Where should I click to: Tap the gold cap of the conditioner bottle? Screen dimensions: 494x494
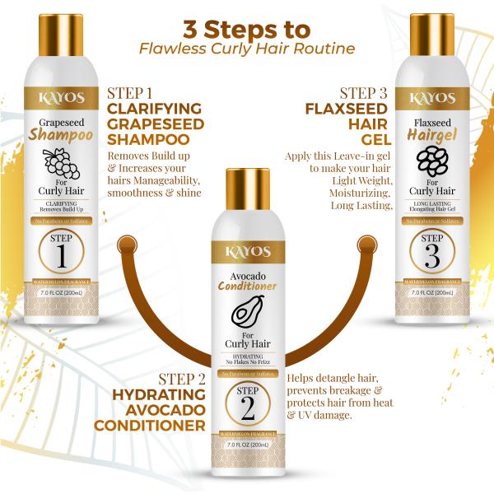tap(246, 190)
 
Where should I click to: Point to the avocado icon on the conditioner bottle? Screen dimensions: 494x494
tap(246, 313)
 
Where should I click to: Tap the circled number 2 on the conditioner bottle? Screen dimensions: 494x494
tap(246, 399)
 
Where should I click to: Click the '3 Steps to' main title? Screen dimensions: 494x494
tap(246, 28)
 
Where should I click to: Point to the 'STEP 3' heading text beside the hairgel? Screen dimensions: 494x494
tap(361, 92)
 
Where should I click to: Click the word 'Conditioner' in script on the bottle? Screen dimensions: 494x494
tap(246, 287)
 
